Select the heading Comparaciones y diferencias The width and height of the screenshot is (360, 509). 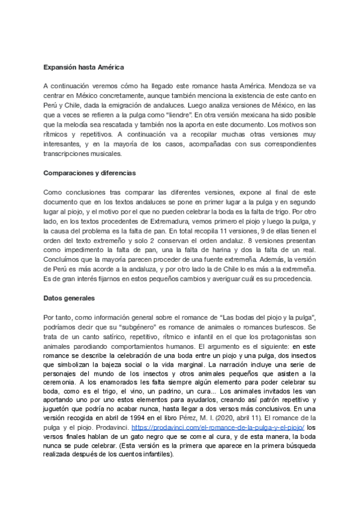pos(90,173)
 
